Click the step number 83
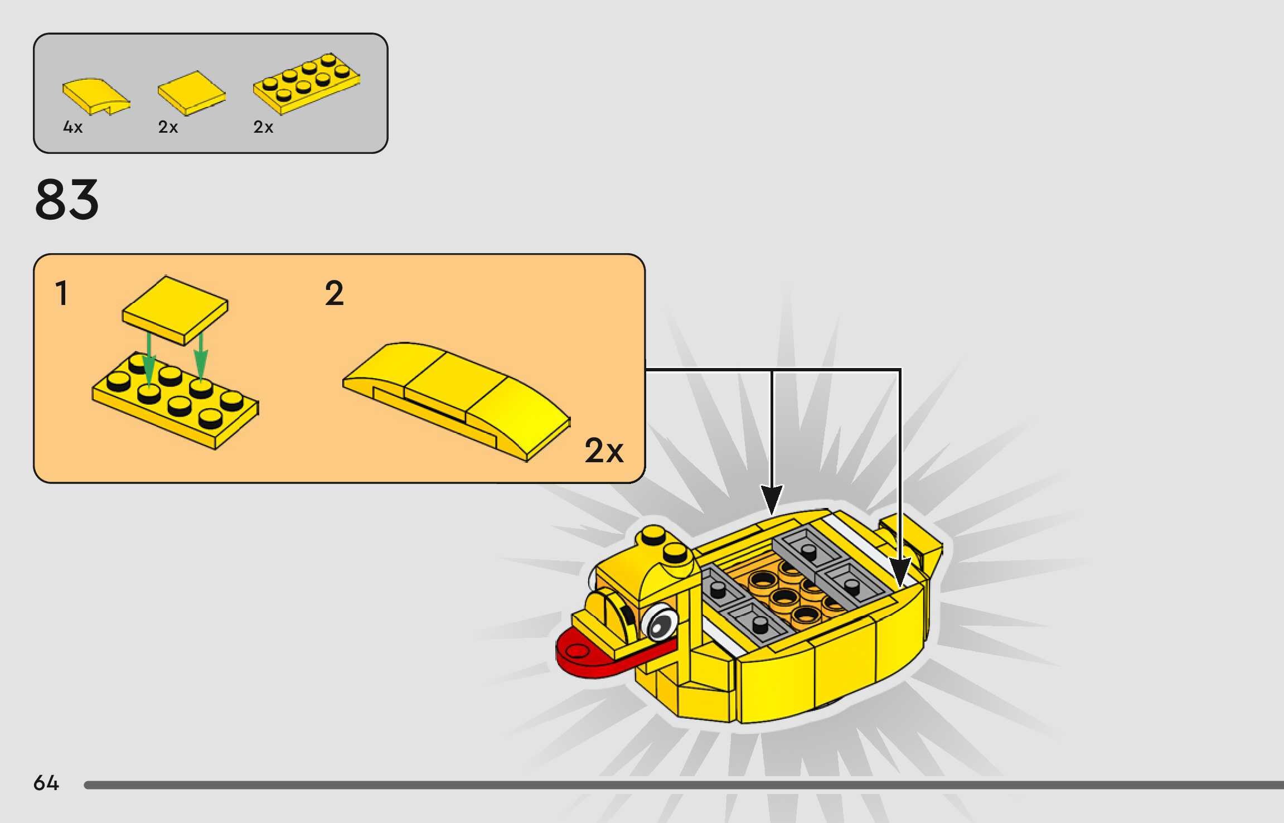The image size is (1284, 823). click(x=67, y=200)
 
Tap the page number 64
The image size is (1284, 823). click(x=46, y=783)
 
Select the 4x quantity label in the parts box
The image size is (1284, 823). click(x=72, y=127)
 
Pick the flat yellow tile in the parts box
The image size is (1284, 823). click(x=191, y=94)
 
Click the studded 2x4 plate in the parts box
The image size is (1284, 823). click(x=307, y=84)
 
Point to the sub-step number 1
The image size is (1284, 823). click(x=61, y=293)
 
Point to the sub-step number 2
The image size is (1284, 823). click(x=334, y=293)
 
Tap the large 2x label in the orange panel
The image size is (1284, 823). click(x=604, y=451)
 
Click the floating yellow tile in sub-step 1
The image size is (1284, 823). click(x=175, y=310)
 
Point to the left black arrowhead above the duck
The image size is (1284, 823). click(x=772, y=498)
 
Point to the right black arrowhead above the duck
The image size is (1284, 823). click(x=900, y=572)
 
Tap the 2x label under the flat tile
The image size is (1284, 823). click(x=168, y=127)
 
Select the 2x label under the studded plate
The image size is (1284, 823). click(x=263, y=127)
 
